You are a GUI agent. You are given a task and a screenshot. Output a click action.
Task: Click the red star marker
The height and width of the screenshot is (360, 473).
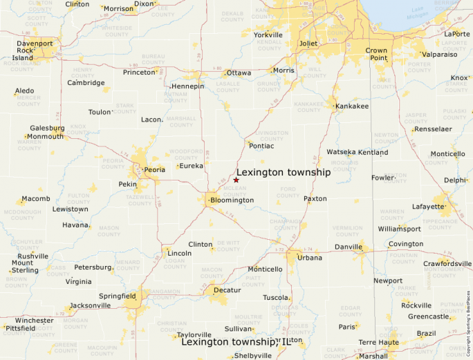[x=236, y=180]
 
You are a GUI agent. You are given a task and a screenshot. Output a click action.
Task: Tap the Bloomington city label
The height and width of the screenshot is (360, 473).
[x=232, y=200]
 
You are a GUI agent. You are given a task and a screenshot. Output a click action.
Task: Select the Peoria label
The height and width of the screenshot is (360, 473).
[x=154, y=169]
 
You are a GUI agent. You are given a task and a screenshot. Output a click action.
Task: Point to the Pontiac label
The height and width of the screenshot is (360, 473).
[x=261, y=146]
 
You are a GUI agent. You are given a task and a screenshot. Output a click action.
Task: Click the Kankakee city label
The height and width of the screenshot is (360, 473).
[x=352, y=106]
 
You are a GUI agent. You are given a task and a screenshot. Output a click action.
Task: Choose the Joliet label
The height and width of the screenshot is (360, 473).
[x=308, y=43]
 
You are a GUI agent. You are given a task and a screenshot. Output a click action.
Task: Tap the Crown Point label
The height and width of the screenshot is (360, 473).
[x=377, y=55]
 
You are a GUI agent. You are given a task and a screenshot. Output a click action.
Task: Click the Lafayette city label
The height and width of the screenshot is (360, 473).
[x=429, y=207]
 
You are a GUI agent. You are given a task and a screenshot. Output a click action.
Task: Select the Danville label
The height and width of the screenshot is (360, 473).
[x=348, y=247]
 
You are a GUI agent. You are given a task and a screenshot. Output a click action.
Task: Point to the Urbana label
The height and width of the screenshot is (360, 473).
[x=310, y=258]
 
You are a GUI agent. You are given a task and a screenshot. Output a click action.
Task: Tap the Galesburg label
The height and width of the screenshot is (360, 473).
[x=47, y=128]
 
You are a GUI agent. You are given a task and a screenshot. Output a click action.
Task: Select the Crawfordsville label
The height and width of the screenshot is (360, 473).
[x=447, y=263]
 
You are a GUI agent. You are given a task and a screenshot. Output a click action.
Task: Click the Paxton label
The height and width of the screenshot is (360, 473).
[x=315, y=198]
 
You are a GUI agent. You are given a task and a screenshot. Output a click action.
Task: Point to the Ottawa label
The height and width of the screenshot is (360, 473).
[x=239, y=73]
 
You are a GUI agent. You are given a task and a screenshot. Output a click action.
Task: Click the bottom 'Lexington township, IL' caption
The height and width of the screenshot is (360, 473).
[x=236, y=341]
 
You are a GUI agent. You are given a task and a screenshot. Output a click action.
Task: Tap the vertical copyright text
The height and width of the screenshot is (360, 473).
[x=469, y=317]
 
